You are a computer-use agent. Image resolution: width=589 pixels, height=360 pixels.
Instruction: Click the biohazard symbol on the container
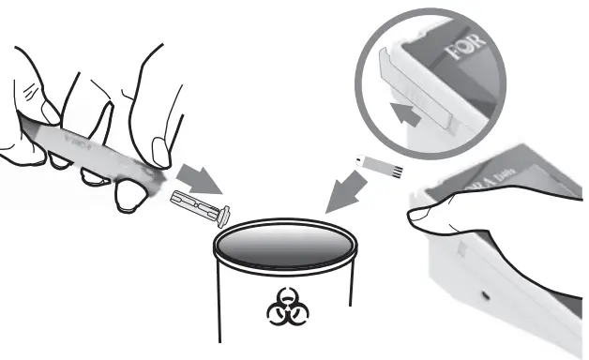282,306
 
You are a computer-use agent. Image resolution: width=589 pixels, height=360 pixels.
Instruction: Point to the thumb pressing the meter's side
433,216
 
